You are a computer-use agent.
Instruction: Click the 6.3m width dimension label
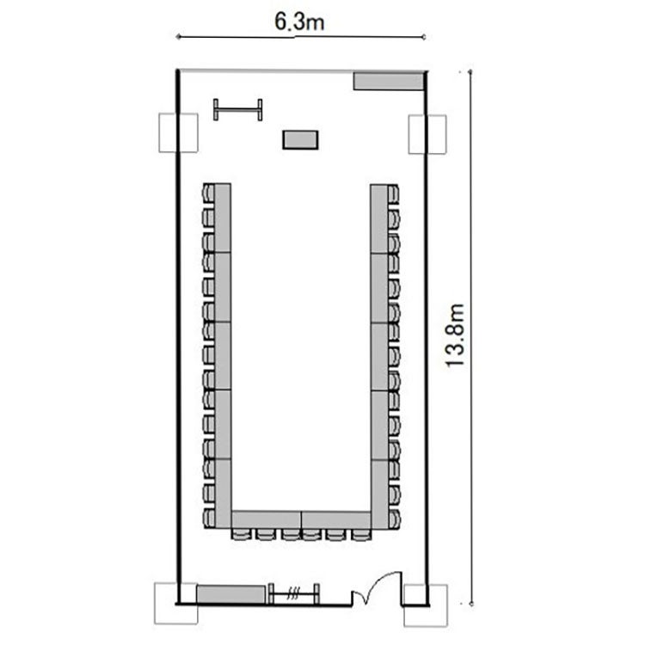(x=299, y=21)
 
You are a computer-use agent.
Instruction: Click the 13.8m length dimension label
(x=455, y=335)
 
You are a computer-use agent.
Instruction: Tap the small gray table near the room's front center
(x=300, y=139)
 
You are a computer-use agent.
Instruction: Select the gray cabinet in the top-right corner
(x=389, y=81)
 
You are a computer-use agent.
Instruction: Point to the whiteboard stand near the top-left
(x=237, y=110)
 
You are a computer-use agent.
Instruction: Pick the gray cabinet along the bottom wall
(x=230, y=594)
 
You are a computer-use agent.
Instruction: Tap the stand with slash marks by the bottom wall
(x=294, y=593)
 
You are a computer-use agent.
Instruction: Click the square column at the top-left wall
(x=178, y=132)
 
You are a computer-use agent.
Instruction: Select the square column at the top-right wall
(x=427, y=134)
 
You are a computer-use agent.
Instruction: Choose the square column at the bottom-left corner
(x=175, y=604)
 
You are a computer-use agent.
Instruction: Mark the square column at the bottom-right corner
(x=426, y=605)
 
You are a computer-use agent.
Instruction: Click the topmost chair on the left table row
(x=209, y=193)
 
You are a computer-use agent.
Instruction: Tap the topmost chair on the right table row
(x=393, y=194)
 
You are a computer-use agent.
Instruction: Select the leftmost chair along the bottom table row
(x=241, y=534)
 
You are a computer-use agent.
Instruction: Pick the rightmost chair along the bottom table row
(x=361, y=534)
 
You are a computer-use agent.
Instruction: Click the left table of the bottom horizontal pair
(x=266, y=520)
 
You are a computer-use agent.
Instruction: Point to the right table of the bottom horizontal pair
(x=336, y=520)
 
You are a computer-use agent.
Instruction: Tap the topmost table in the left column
(x=223, y=218)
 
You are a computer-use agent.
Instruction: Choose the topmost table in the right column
(x=379, y=218)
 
